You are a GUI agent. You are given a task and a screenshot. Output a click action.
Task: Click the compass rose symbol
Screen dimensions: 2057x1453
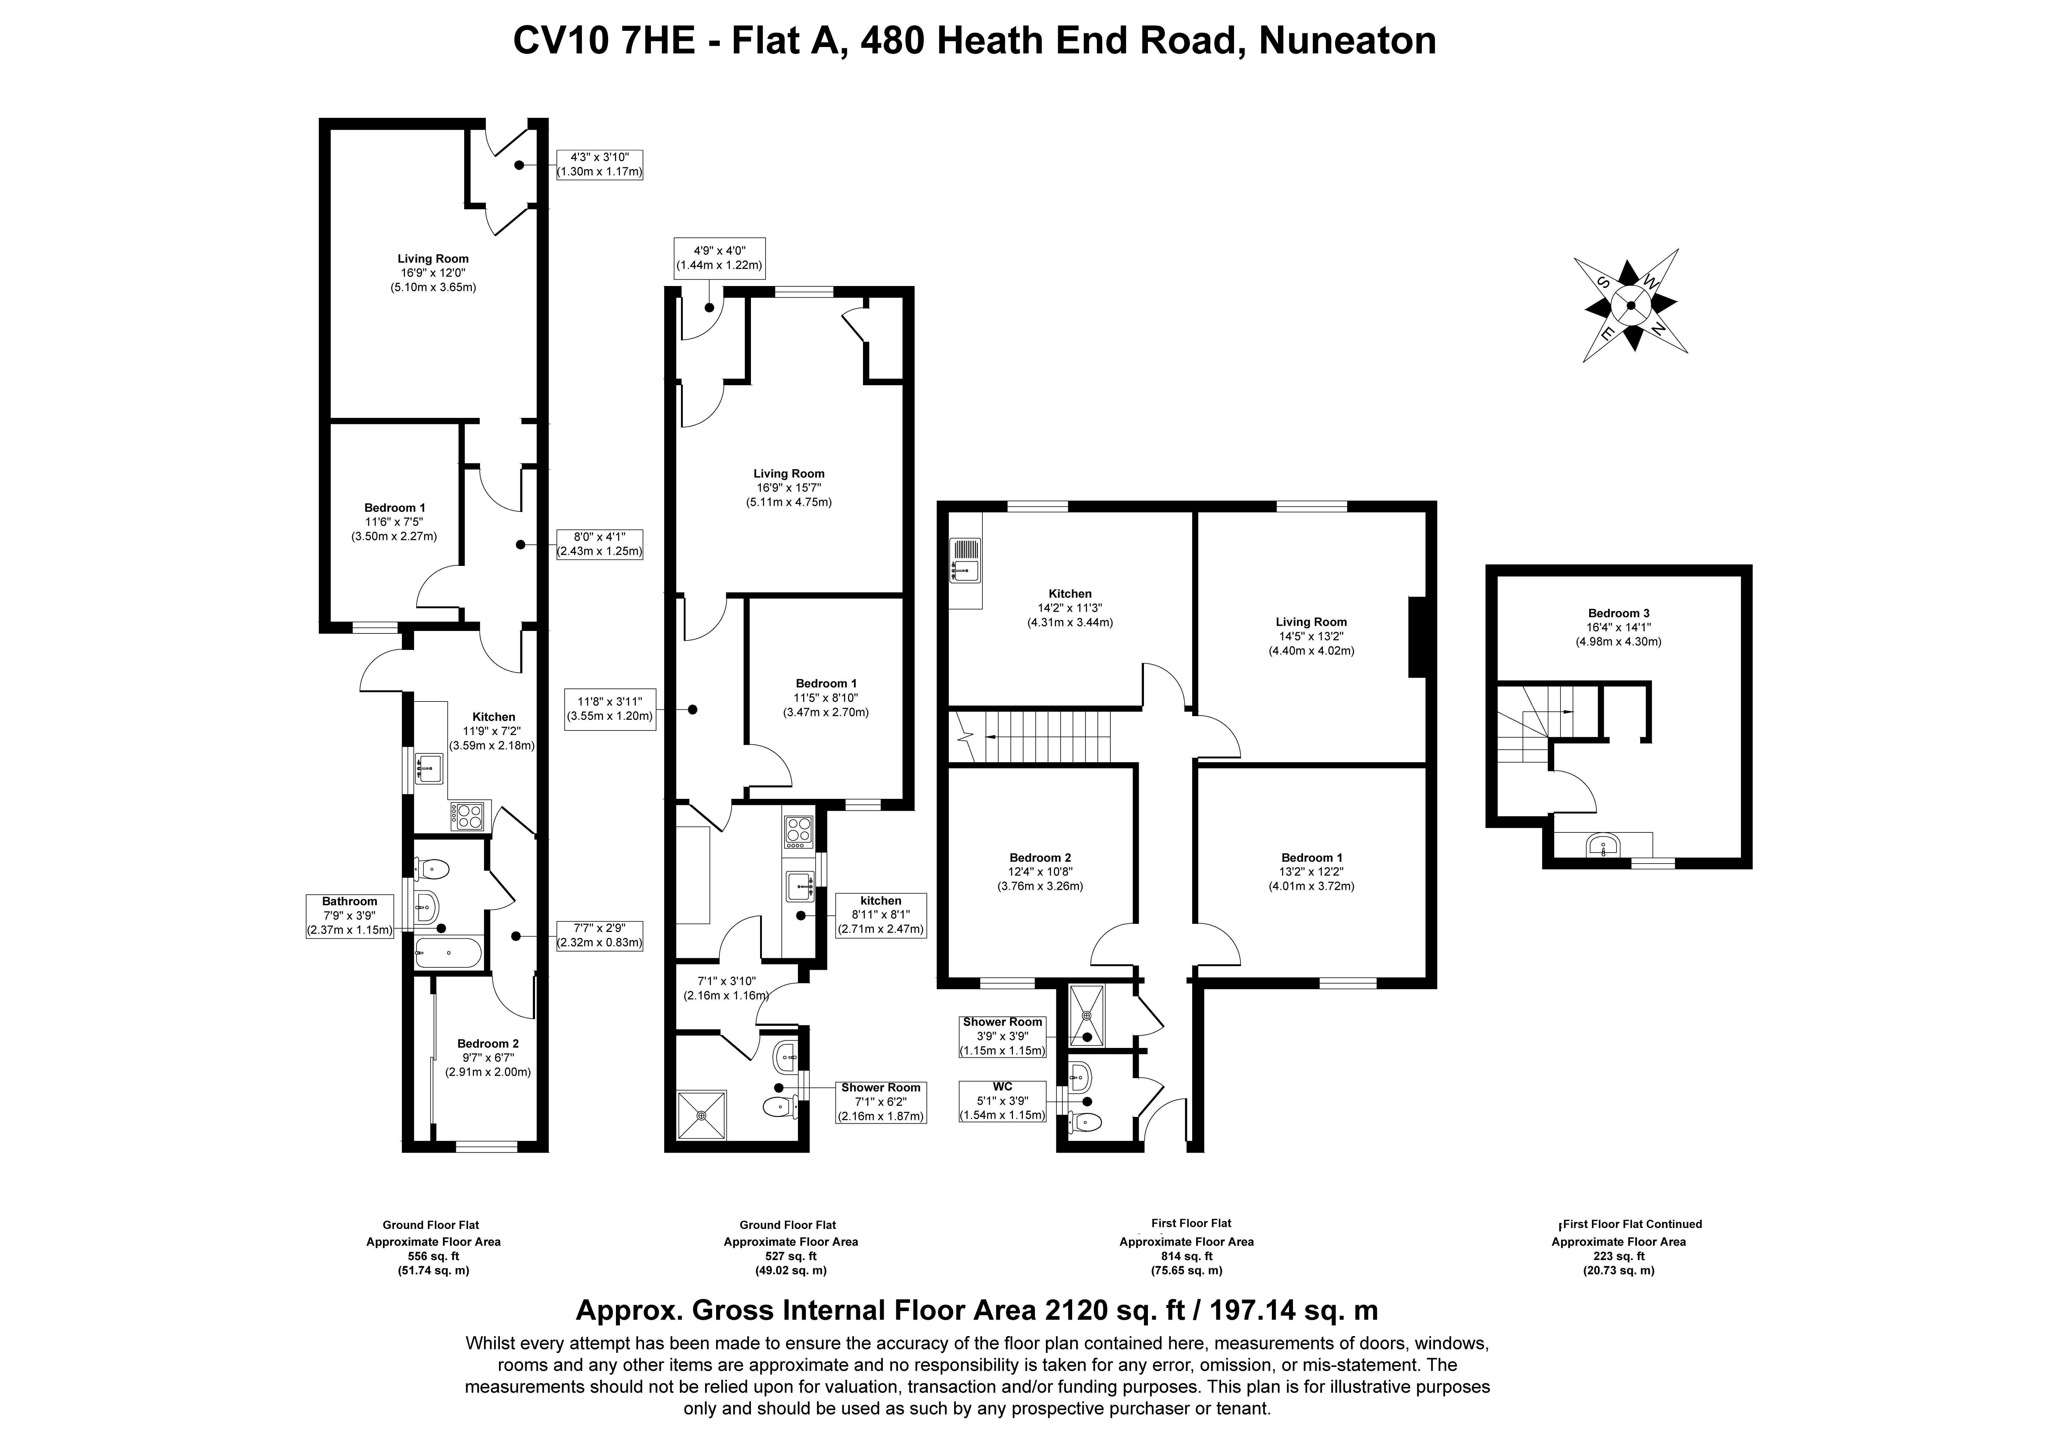click(1631, 306)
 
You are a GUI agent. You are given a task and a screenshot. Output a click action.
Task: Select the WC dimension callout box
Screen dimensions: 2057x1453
click(1003, 1101)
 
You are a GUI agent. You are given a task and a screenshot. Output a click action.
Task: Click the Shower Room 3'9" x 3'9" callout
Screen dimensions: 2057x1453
click(1003, 1036)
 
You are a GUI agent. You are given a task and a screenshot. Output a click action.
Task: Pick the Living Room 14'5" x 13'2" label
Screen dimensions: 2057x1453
click(1311, 636)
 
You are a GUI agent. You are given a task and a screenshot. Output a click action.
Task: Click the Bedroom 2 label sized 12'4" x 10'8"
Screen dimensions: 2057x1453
click(1040, 871)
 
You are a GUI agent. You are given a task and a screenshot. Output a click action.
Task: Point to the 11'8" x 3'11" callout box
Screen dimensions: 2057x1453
click(609, 708)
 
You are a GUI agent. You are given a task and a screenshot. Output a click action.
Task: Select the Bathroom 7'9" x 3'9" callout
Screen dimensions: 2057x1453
click(349, 915)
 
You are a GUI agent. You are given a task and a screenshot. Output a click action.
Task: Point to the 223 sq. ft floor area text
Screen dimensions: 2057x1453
click(1619, 1256)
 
